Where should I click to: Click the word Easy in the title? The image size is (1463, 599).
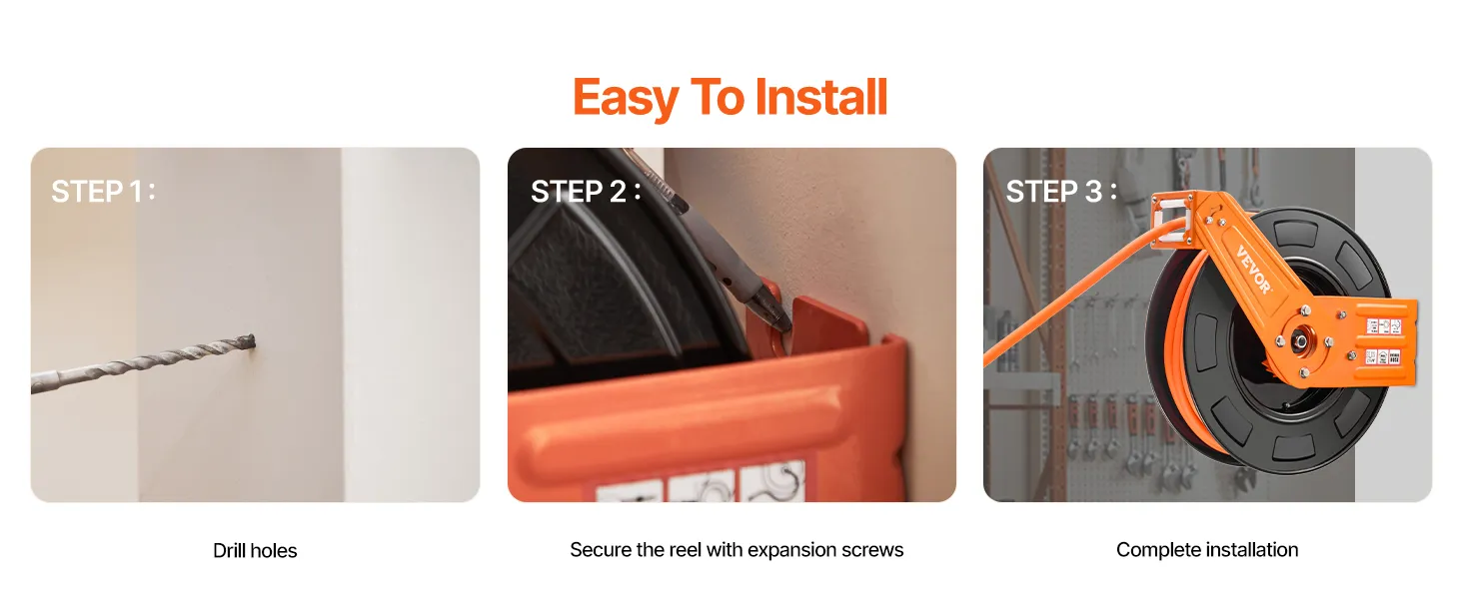pyautogui.click(x=626, y=98)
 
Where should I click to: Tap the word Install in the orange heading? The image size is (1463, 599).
pyautogui.click(x=821, y=97)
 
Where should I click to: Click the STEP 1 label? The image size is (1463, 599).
pyautogui.click(x=103, y=192)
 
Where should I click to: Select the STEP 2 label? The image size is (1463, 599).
pyautogui.click(x=586, y=192)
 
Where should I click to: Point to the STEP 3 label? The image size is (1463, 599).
pyautogui.click(x=1061, y=192)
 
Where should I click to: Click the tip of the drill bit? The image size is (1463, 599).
pyautogui.click(x=254, y=340)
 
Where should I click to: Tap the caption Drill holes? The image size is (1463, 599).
pyautogui.click(x=255, y=551)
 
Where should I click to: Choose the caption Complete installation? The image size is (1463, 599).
pyautogui.click(x=1207, y=549)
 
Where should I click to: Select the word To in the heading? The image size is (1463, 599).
pyautogui.click(x=718, y=97)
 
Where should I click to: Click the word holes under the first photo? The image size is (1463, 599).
pyautogui.click(x=276, y=551)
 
